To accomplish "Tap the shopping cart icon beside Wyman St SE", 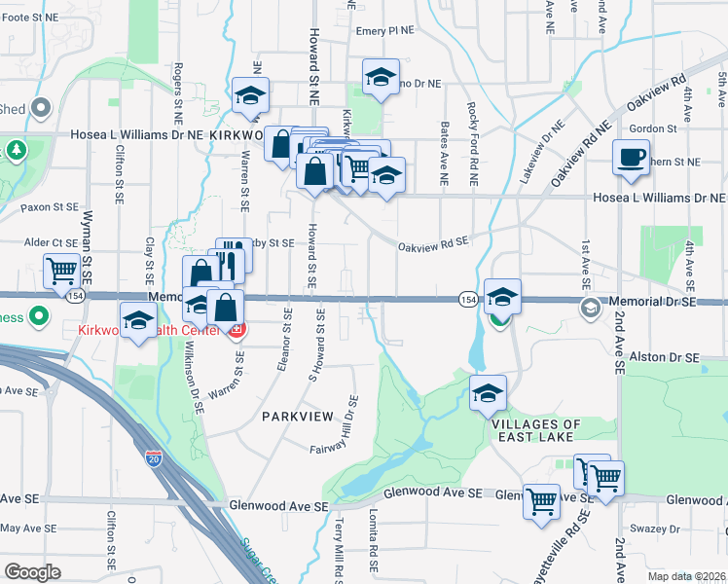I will click(62, 270).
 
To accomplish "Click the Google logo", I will click(32, 572).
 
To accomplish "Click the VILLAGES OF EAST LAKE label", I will click(536, 431).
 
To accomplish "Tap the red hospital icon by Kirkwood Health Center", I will click(235, 331).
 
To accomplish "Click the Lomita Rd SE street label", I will click(374, 540).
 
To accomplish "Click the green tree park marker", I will click(17, 151).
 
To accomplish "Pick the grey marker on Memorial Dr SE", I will click(590, 309).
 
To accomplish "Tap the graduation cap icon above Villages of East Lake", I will click(488, 393).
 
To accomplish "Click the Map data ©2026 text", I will click(686, 576).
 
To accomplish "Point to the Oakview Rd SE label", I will click(432, 245).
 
